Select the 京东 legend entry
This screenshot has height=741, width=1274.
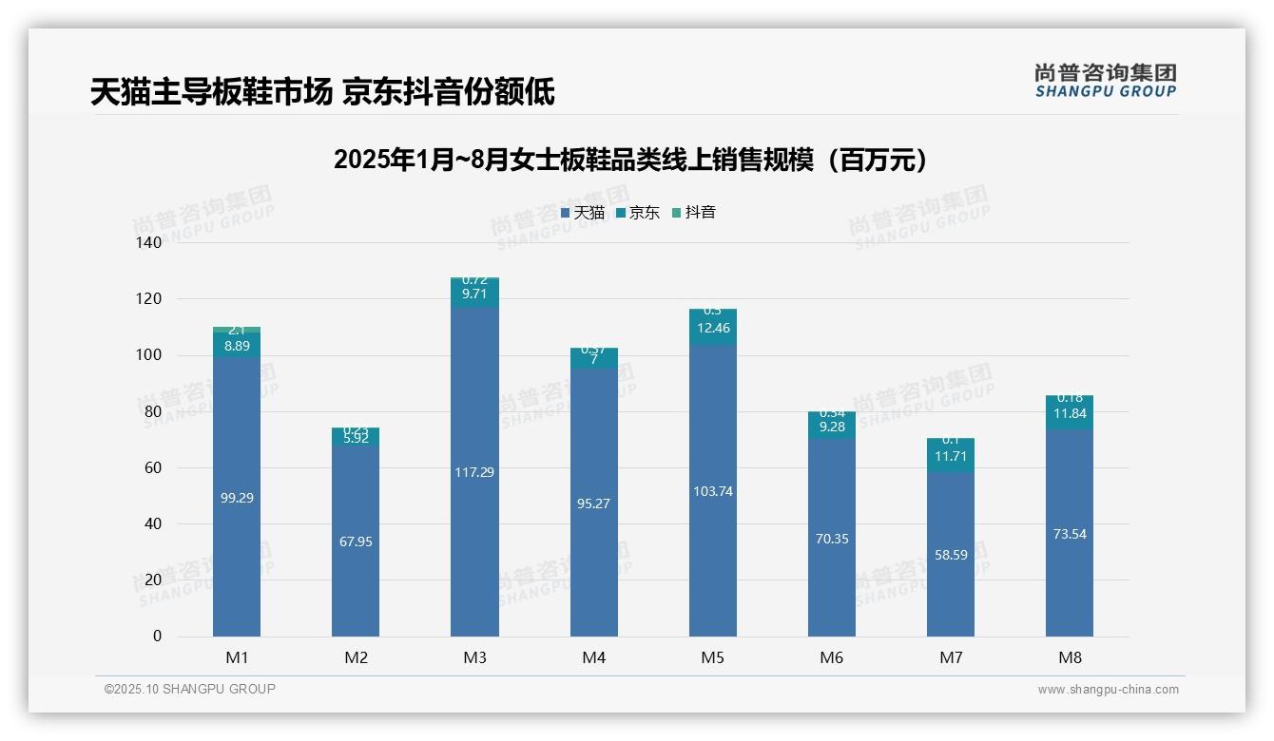(638, 213)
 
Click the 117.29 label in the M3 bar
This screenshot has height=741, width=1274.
(474, 472)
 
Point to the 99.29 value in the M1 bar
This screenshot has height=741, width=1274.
(237, 498)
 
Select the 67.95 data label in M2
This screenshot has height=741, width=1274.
(356, 541)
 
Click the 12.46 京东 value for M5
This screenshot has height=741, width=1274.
(713, 329)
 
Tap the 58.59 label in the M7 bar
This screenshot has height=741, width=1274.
(951, 555)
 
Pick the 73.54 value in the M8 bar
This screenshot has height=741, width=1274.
(1070, 534)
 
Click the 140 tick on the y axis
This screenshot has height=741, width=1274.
(150, 243)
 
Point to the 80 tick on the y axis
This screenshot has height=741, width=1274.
(153, 411)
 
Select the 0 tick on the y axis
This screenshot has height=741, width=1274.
(157, 636)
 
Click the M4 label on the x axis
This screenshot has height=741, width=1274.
(593, 657)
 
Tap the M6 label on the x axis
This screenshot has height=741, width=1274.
(831, 657)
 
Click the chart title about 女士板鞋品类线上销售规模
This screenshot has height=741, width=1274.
(630, 160)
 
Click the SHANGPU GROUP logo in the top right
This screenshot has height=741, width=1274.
(1105, 81)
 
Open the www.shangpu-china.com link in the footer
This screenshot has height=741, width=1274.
(1108, 690)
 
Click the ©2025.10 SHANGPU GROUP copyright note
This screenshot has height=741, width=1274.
(190, 690)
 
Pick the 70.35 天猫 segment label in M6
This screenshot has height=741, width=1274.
(832, 539)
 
